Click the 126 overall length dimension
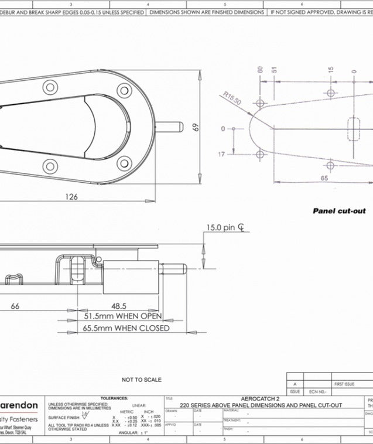click(71, 197)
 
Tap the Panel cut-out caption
click(338, 211)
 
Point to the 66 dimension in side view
click(15, 305)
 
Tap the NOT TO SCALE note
click(142, 380)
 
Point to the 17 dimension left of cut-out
click(221, 155)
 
